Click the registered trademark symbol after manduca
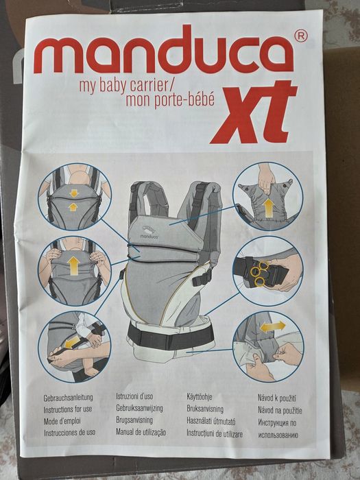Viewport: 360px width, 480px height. point(300,34)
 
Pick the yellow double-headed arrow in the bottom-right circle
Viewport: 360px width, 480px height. point(273,327)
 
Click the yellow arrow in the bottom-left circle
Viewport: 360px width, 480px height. point(71,341)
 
